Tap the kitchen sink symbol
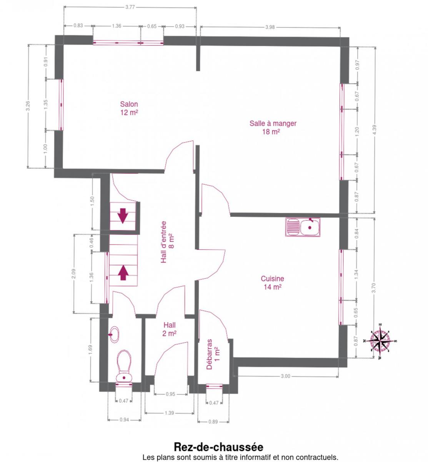[x=303, y=227]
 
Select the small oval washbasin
[x=114, y=334]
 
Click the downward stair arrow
[x=123, y=216]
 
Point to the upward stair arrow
[x=123, y=273]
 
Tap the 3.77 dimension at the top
[x=130, y=7]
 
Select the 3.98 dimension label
[x=270, y=27]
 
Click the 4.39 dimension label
[x=374, y=130]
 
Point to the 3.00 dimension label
[x=285, y=376]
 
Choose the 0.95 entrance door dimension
[x=170, y=394]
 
